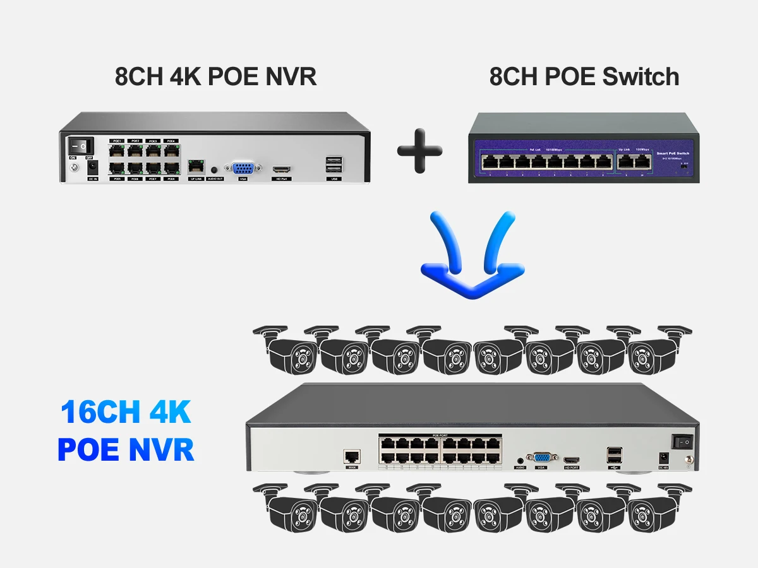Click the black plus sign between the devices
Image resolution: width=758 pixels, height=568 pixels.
tap(420, 151)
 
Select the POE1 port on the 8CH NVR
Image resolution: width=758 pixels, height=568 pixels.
tap(117, 151)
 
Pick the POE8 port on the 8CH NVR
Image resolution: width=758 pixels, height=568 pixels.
tap(170, 168)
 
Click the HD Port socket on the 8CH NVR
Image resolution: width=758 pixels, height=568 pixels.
tap(281, 170)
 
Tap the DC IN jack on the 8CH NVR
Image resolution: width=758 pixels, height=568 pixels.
tap(93, 168)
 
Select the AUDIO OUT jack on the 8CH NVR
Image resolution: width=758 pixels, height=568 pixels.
tap(215, 170)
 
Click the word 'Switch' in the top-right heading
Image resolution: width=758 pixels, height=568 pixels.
tap(640, 76)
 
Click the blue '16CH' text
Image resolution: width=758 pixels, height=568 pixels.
tap(101, 413)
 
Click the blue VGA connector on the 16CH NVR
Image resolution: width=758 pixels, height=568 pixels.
tap(541, 458)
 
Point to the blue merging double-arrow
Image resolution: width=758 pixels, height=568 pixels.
tap(472, 255)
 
